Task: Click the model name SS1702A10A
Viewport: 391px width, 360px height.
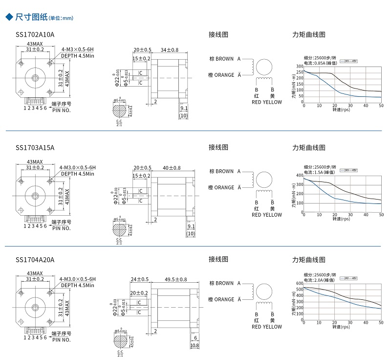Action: point(35,35)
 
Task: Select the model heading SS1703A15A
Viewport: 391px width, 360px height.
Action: point(35,147)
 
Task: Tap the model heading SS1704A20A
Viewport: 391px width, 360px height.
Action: point(35,259)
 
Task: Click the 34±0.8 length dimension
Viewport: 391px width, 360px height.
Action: point(170,50)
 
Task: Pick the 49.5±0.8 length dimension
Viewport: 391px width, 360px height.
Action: point(176,279)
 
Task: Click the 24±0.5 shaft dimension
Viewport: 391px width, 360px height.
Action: point(139,279)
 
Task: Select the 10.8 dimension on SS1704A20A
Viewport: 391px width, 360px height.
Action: point(194,346)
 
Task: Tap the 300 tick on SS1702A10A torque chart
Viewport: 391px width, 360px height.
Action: point(300,66)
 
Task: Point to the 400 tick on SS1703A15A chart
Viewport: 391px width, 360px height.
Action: point(300,175)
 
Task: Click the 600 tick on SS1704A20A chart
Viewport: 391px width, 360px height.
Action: point(300,283)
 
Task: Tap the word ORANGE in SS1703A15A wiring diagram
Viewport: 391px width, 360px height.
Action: point(224,187)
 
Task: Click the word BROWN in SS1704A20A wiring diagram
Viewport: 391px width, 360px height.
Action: point(224,283)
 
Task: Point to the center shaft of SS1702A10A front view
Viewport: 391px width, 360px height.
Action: point(35,77)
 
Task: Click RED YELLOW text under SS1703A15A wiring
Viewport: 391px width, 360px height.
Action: point(267,215)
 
